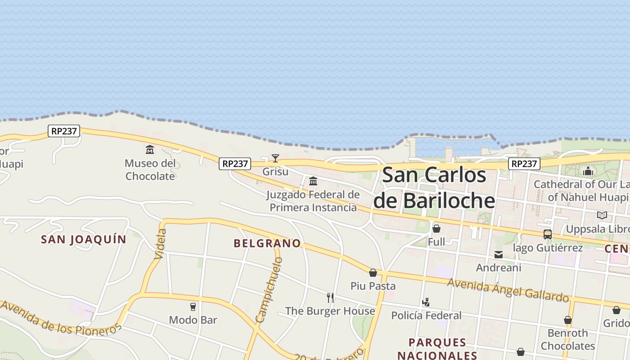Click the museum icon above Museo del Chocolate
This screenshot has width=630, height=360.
coord(150,149)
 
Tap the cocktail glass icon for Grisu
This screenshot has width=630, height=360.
coord(275,158)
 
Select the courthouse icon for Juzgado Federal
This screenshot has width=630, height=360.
coord(313,181)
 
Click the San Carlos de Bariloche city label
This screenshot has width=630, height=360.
coord(434,188)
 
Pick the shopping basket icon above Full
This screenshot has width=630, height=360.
coord(436,229)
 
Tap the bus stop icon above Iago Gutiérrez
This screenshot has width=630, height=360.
coord(548,234)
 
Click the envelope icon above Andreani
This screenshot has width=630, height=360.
coord(499,255)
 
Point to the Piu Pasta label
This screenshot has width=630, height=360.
coord(373,286)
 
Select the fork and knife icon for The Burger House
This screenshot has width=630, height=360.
coord(330,297)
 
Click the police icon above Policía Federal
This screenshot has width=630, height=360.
coord(426,302)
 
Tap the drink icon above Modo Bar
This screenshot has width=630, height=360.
coord(193,307)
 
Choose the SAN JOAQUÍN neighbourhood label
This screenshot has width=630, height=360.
coord(84,239)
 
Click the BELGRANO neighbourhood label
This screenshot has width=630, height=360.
coord(267,243)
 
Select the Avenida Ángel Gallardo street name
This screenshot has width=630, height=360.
coord(508,290)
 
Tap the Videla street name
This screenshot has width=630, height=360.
coord(161,244)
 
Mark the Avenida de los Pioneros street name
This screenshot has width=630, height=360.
coord(61,318)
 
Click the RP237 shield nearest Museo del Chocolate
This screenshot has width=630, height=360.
coord(64,131)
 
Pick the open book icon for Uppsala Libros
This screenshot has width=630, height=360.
coord(602,215)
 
